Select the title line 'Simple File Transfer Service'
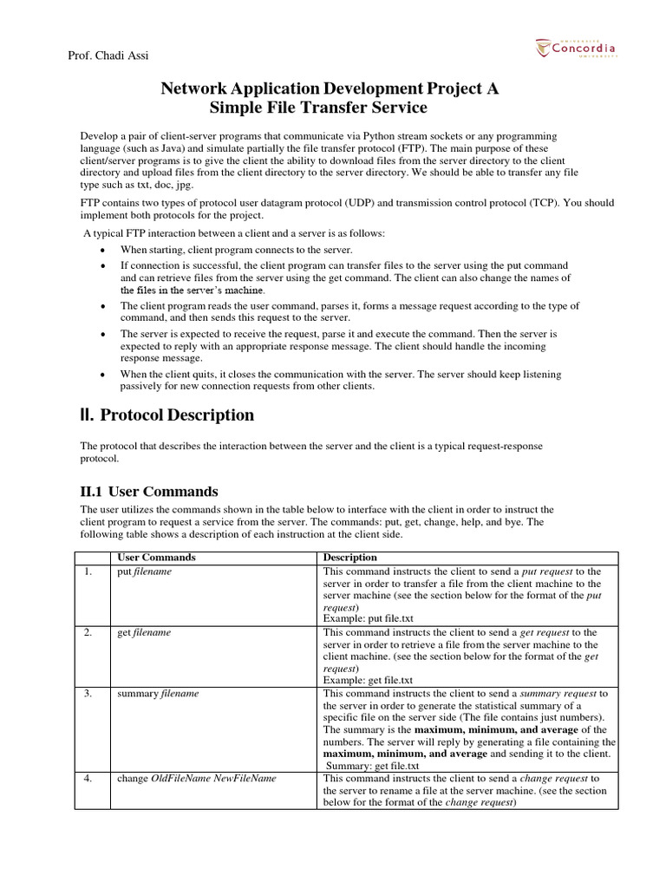pyautogui.click(x=318, y=108)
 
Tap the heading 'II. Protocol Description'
pyautogui.click(x=167, y=415)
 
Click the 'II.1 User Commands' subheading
pyautogui.click(x=148, y=492)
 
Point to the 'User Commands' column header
pyautogui.click(x=156, y=558)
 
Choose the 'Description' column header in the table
pyautogui.click(x=349, y=558)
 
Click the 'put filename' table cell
pyautogui.click(x=143, y=571)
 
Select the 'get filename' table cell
pyautogui.click(x=143, y=632)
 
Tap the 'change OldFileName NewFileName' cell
pyautogui.click(x=196, y=779)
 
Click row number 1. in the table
pyautogui.click(x=88, y=571)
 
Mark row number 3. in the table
pyautogui.click(x=88, y=694)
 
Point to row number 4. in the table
pyautogui.click(x=88, y=779)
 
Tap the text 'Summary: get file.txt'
pyautogui.click(x=372, y=767)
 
